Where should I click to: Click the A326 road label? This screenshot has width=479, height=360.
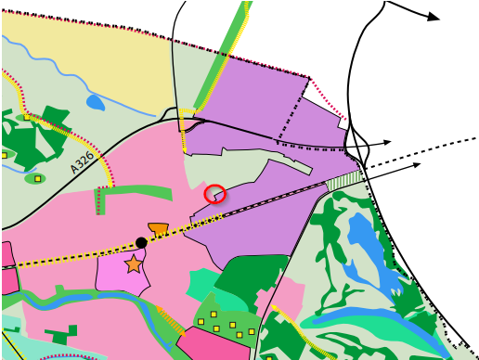[83, 162]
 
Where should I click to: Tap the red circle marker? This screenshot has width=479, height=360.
[214, 193]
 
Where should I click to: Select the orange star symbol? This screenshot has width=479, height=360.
[134, 264]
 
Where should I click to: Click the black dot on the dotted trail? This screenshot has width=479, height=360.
[141, 242]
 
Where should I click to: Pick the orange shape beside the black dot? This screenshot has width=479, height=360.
[158, 228]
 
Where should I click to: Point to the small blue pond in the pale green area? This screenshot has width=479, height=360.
[95, 102]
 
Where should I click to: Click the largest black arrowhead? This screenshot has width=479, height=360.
[433, 17]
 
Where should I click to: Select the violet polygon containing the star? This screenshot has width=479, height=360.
[121, 272]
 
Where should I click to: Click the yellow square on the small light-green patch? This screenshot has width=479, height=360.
[37, 178]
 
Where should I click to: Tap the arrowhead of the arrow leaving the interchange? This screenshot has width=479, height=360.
[387, 142]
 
